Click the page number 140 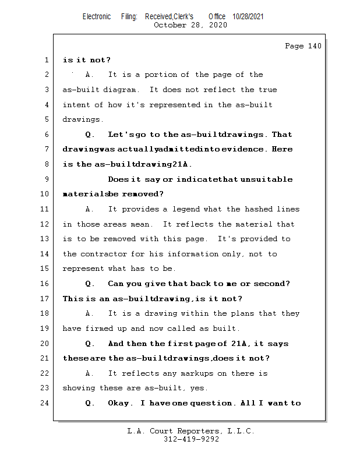pos(314,46)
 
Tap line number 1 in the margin pos(46,60)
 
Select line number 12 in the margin pos(44,224)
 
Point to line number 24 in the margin pos(44,403)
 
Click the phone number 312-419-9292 pos(191,440)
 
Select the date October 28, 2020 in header pos(190,25)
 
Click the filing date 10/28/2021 pos(248,16)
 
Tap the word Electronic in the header pos(97,16)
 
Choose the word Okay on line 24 pos(120,403)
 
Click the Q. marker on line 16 pos(90,284)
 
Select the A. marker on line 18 pos(90,313)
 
